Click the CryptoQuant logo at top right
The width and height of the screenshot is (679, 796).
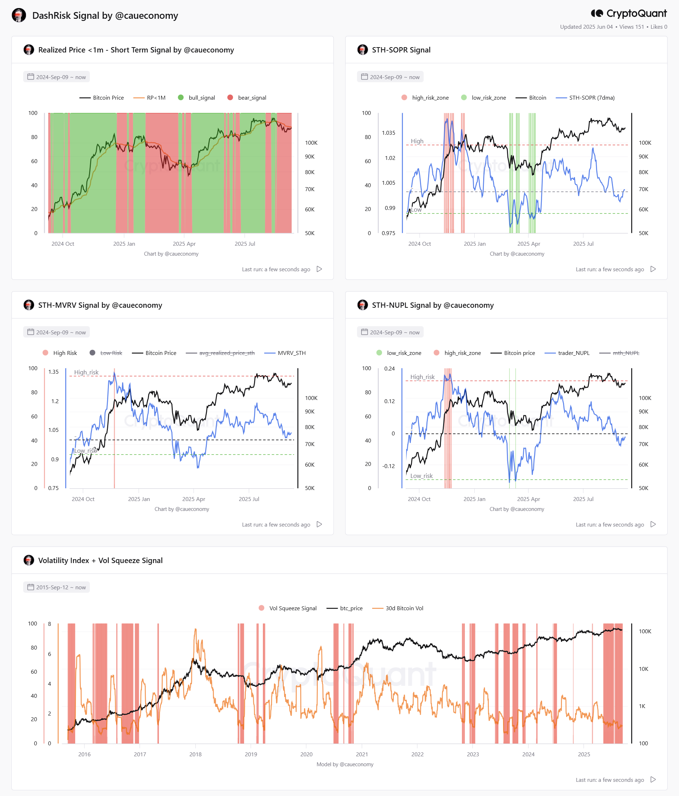pos(629,13)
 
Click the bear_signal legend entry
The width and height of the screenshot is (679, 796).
pos(247,98)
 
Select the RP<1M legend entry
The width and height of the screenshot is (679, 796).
pos(149,98)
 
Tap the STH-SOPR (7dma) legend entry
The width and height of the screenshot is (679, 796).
pos(585,98)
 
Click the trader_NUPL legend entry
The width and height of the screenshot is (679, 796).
pos(567,353)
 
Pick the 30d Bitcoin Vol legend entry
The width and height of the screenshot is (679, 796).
pos(398,608)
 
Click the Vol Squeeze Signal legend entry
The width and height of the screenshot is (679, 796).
pos(288,608)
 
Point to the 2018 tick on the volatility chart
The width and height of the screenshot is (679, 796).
pos(195,754)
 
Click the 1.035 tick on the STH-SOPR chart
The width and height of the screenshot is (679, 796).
pos(388,133)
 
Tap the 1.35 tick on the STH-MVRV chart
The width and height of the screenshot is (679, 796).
pos(54,372)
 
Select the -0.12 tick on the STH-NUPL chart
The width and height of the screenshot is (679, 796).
pos(388,466)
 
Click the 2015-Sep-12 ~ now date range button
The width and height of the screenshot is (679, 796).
pos(56,587)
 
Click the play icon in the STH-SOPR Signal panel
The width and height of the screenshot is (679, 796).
pos(653,269)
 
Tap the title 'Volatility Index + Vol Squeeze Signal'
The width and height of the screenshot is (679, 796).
pos(100,560)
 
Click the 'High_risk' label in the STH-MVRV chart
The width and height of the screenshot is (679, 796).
pos(86,372)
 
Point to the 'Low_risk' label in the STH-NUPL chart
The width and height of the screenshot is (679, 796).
pos(421,475)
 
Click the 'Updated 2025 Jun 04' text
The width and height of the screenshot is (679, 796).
pos(586,27)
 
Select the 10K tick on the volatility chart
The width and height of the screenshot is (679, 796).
pos(644,669)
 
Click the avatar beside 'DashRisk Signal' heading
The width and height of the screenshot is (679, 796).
pos(19,15)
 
